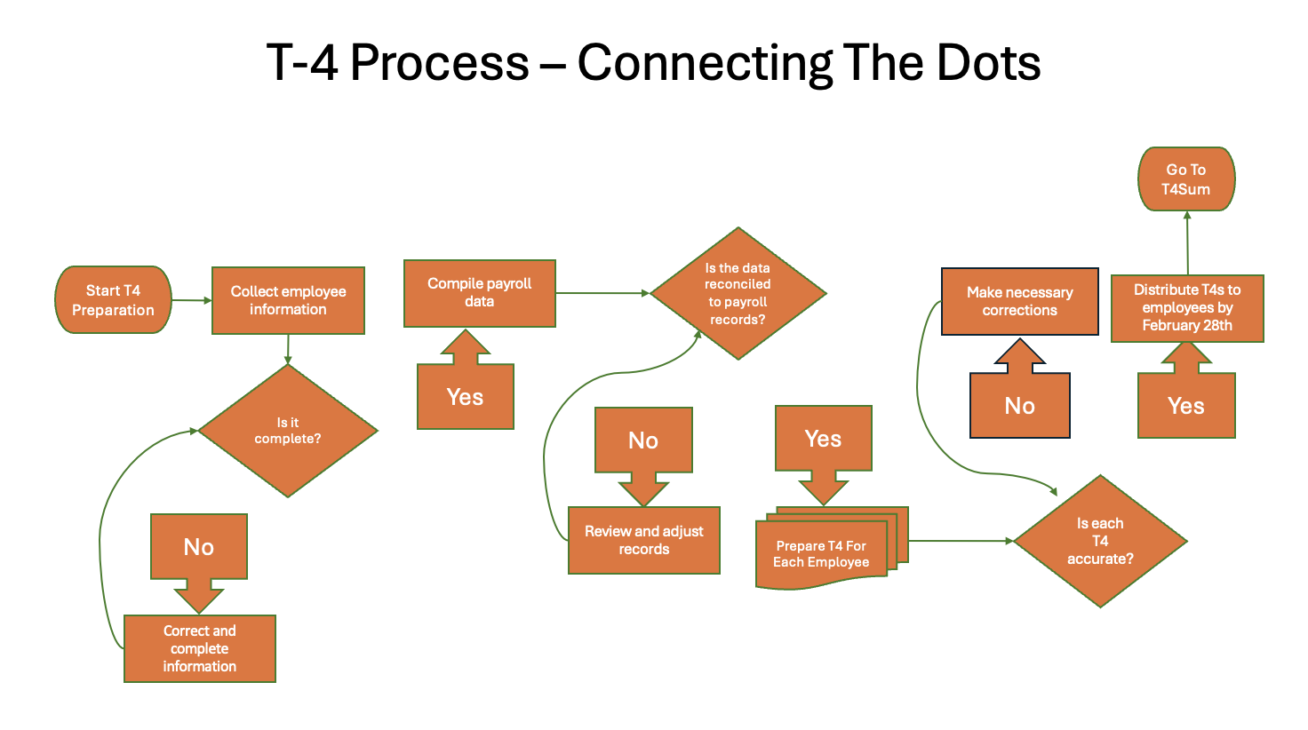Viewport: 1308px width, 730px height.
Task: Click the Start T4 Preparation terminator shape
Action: coord(113,300)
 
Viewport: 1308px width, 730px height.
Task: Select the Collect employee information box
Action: coord(288,300)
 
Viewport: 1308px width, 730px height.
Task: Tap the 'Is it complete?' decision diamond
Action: coord(287,431)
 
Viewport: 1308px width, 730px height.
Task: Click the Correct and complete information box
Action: coord(199,648)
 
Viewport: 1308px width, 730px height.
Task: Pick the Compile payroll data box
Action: coord(479,293)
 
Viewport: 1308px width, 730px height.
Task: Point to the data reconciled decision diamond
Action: coord(738,294)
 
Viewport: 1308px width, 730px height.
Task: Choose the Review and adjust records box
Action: coord(643,540)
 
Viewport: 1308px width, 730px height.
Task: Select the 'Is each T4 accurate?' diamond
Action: coord(1100,541)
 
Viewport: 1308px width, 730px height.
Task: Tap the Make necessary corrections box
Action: coord(1019,301)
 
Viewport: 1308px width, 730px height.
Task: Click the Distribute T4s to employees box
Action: coord(1186,307)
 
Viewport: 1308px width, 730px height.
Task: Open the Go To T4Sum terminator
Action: coord(1185,179)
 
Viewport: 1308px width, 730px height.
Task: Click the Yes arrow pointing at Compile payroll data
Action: coord(465,395)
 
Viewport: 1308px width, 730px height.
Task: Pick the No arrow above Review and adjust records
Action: coord(643,440)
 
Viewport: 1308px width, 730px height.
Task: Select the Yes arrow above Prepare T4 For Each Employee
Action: coord(823,439)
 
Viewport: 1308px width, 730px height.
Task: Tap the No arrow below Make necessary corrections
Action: coord(1019,405)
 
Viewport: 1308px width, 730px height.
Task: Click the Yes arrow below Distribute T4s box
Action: coord(1185,405)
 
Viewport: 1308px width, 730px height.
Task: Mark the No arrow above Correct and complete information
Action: coord(198,547)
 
